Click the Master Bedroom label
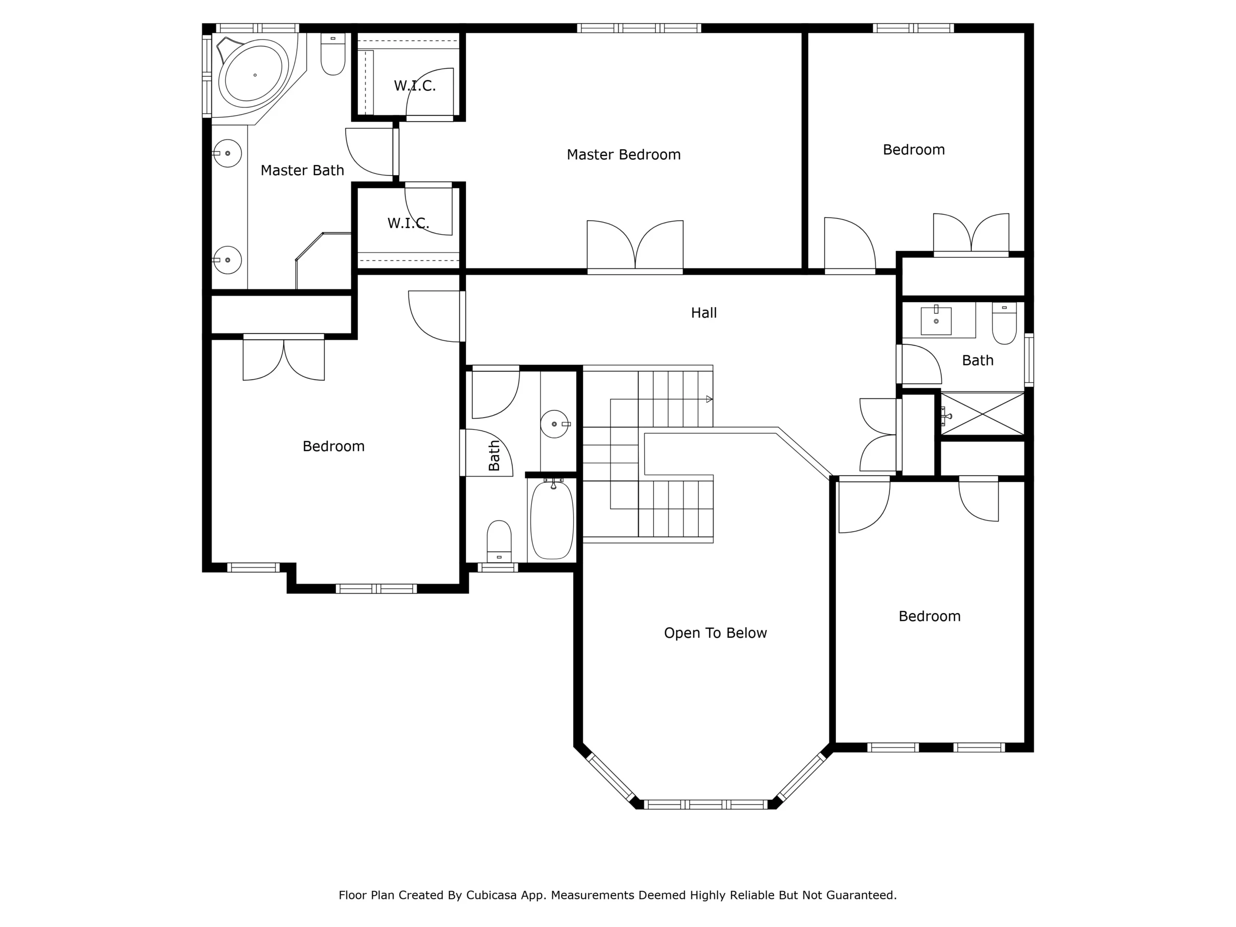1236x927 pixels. (x=624, y=155)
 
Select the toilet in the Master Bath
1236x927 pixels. (x=333, y=55)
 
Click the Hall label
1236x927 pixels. (x=703, y=313)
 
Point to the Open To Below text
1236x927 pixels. (x=715, y=633)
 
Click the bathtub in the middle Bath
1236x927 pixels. (x=551, y=520)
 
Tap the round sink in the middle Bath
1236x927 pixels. (x=554, y=424)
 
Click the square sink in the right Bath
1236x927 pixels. (x=936, y=321)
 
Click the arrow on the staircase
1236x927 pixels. (x=709, y=399)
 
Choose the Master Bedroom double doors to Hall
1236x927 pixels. (x=635, y=246)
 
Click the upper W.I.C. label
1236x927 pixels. (x=415, y=86)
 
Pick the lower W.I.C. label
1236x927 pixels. (x=408, y=224)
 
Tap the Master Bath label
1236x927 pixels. (x=302, y=170)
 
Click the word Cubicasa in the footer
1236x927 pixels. (x=491, y=895)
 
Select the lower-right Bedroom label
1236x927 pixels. (x=929, y=617)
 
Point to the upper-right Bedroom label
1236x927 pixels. (x=913, y=150)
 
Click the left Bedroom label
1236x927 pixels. (x=334, y=447)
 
